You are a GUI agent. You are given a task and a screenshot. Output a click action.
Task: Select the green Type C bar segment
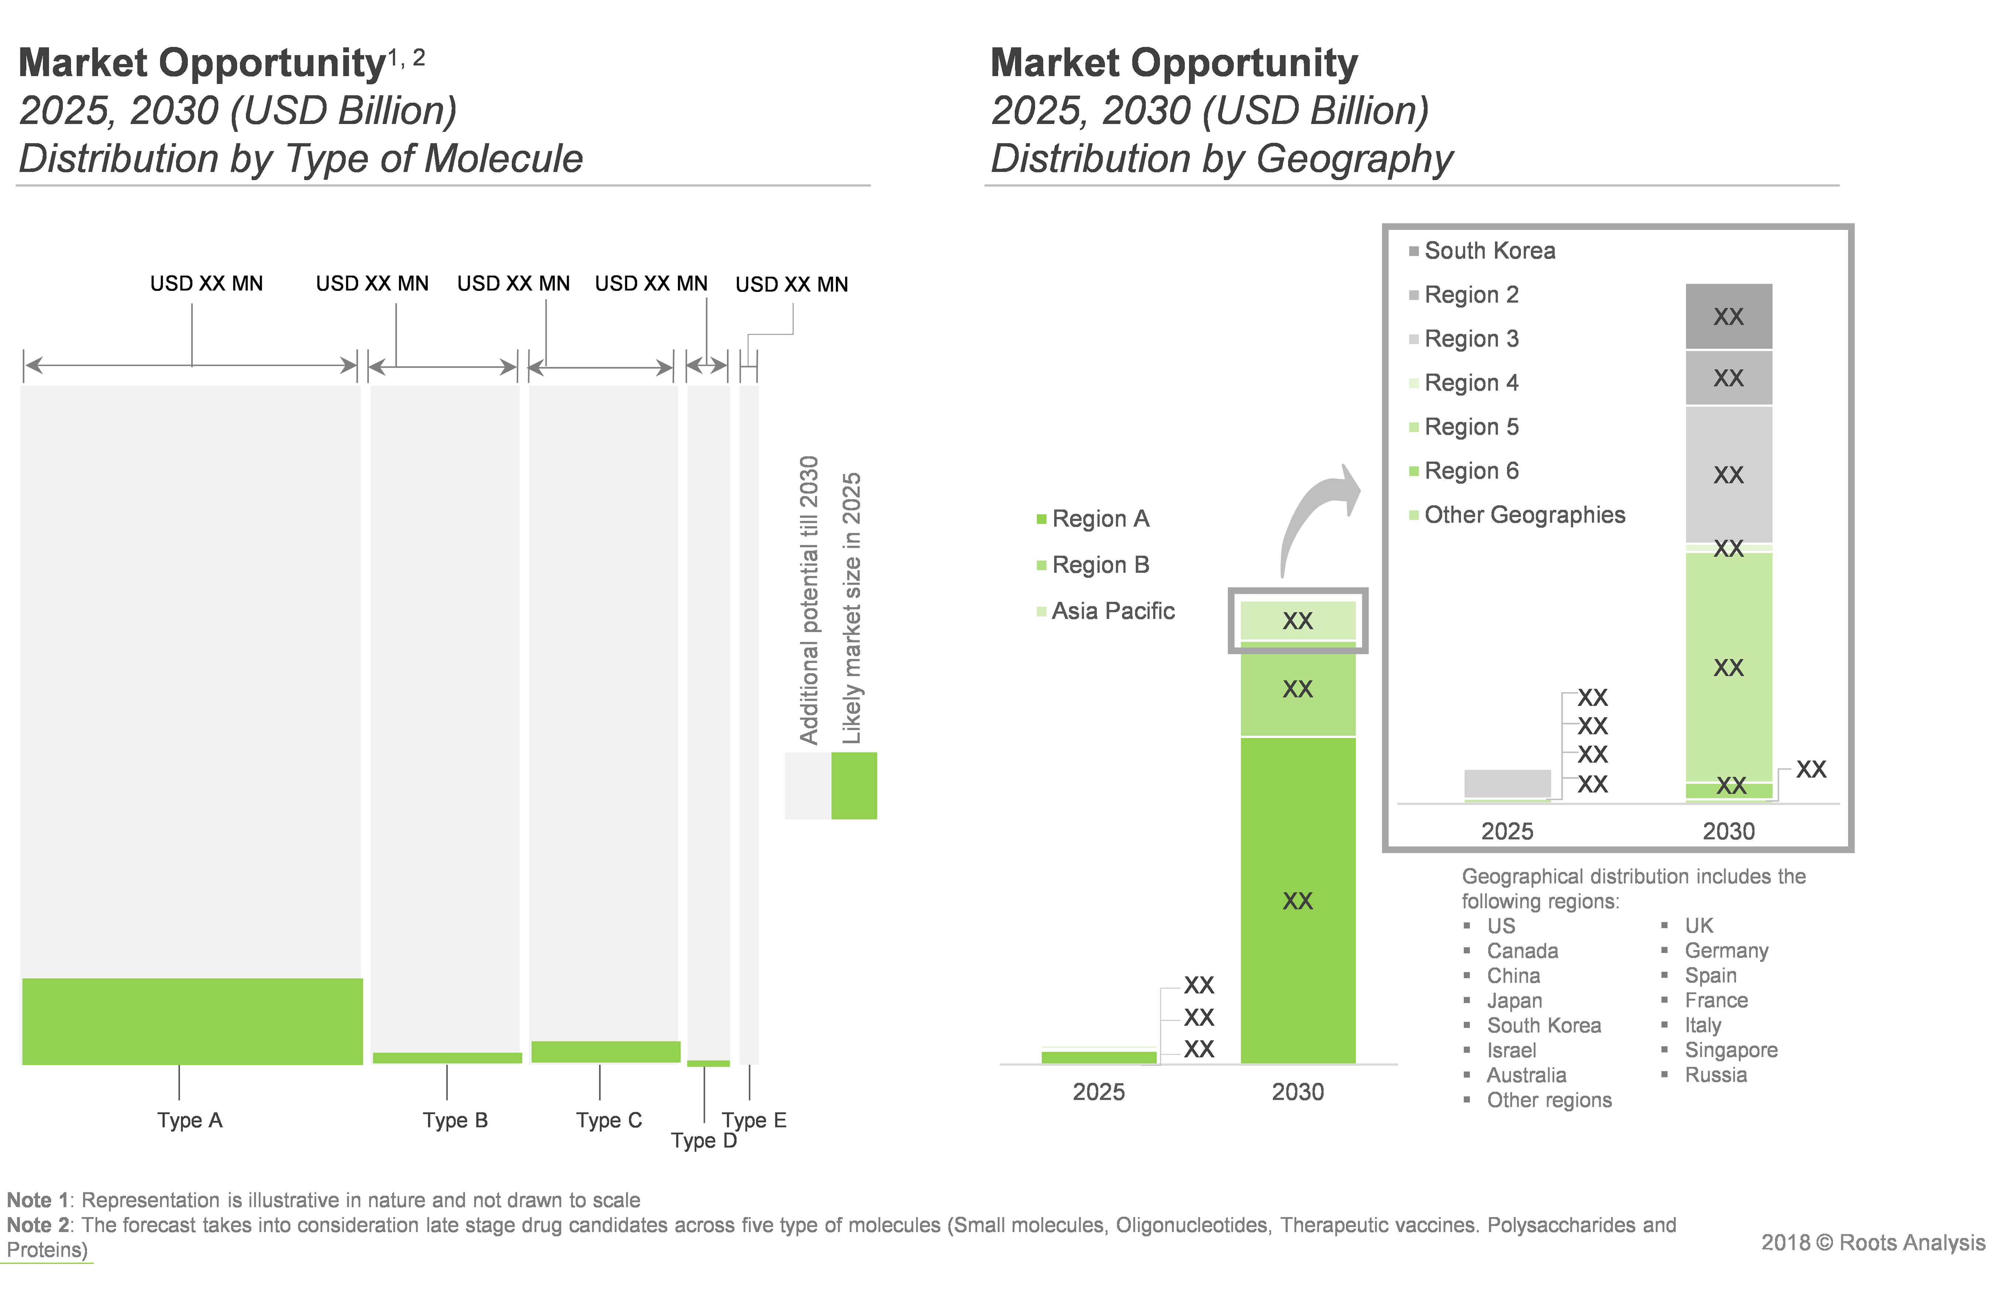click(x=605, y=1052)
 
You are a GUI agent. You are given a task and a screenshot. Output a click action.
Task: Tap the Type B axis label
click(x=455, y=1120)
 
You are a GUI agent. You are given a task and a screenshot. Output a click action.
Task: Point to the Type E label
click(x=754, y=1120)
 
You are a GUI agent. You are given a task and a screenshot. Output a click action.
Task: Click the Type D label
click(x=703, y=1140)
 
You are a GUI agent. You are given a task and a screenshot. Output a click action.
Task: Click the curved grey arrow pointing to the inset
click(x=1315, y=515)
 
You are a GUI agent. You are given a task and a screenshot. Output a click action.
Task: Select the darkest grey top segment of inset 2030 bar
click(x=1728, y=316)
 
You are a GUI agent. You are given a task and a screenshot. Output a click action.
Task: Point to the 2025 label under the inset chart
click(x=1507, y=831)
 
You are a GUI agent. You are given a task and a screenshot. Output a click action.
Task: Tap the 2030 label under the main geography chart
click(x=1298, y=1092)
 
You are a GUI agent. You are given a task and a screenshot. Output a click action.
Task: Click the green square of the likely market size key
click(x=854, y=786)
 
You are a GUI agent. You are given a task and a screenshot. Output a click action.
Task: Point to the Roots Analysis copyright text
click(x=1873, y=1243)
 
